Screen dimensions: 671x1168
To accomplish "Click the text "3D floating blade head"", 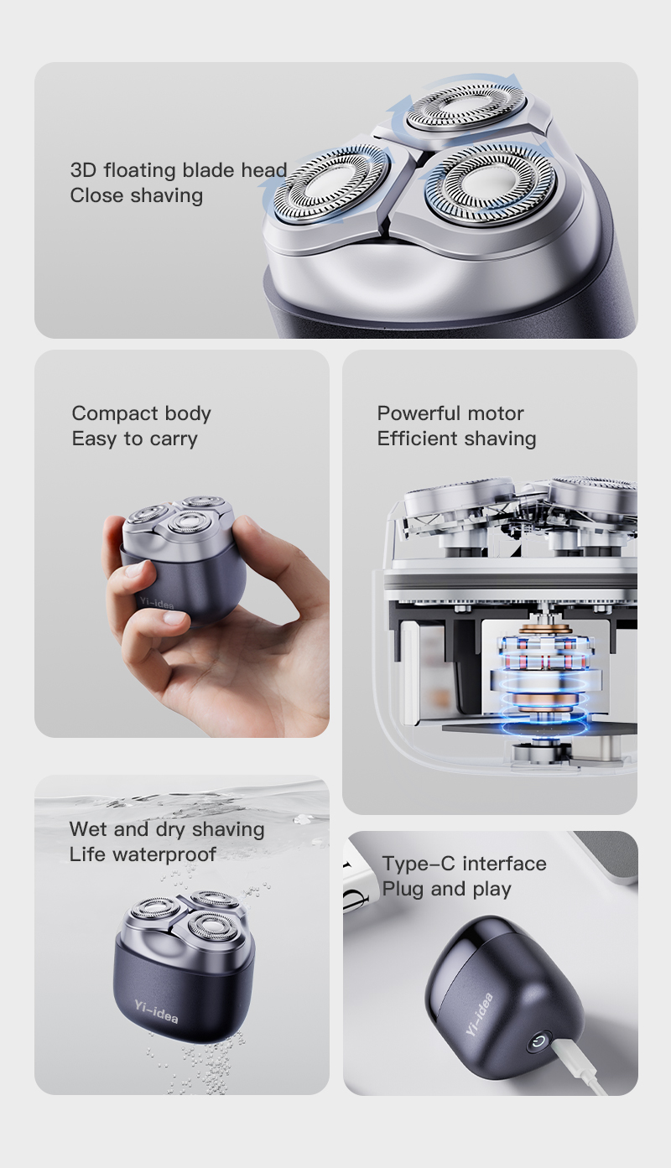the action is click(x=179, y=170).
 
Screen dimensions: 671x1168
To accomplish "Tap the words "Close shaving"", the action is click(x=136, y=195).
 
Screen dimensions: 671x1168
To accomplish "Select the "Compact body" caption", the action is click(x=142, y=413).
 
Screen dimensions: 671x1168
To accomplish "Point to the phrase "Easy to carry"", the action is click(x=134, y=439).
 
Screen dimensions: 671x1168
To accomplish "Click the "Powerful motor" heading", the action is click(x=450, y=413).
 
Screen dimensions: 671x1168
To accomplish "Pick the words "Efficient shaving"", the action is click(x=456, y=439).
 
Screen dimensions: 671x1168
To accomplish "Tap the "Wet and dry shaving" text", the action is click(x=167, y=829).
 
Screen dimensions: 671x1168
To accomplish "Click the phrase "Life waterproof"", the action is click(x=143, y=854).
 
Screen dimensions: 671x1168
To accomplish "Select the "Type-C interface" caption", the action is click(x=465, y=864).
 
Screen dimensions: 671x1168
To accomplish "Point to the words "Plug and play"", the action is click(x=447, y=889).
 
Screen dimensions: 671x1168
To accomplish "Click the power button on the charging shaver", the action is click(x=538, y=1042).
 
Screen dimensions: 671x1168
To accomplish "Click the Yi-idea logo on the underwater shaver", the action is click(x=156, y=1012).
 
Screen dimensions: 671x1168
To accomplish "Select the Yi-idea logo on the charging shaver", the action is click(x=479, y=1015).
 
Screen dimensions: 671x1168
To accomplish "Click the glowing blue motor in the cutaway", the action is click(x=543, y=677).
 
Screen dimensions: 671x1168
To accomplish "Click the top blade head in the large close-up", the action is click(x=466, y=108).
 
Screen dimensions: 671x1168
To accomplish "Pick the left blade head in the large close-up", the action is click(x=332, y=184).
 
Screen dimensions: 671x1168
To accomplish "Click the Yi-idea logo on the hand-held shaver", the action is click(x=157, y=604).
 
